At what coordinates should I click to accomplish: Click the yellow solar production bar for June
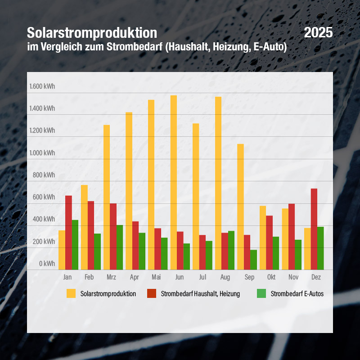pos(174,182)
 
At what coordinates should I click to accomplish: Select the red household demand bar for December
pos(314,229)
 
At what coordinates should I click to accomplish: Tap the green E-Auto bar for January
pos(75,245)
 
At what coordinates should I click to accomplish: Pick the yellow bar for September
pos(240,207)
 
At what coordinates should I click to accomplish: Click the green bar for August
pos(231,250)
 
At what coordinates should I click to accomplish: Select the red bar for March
pos(113,236)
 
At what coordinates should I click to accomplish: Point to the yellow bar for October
pos(263,238)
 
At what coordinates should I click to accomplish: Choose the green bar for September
pos(253,260)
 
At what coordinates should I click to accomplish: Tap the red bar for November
pos(292,237)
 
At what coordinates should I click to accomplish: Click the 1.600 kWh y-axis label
pos(42,86)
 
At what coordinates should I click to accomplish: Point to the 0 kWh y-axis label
pos(46,263)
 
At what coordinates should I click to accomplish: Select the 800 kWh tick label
pos(44,175)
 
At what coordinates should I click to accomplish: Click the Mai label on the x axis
pos(156,277)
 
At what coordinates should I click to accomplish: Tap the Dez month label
pos(316,277)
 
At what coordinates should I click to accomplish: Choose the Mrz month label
pos(111,277)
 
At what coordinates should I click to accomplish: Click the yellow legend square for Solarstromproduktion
pos(71,293)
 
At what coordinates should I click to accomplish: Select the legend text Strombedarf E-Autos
pos(297,294)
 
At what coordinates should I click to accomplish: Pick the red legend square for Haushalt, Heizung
pos(152,293)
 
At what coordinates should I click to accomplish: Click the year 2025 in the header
pos(318,32)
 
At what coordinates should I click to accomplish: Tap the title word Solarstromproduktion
pos(92,33)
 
